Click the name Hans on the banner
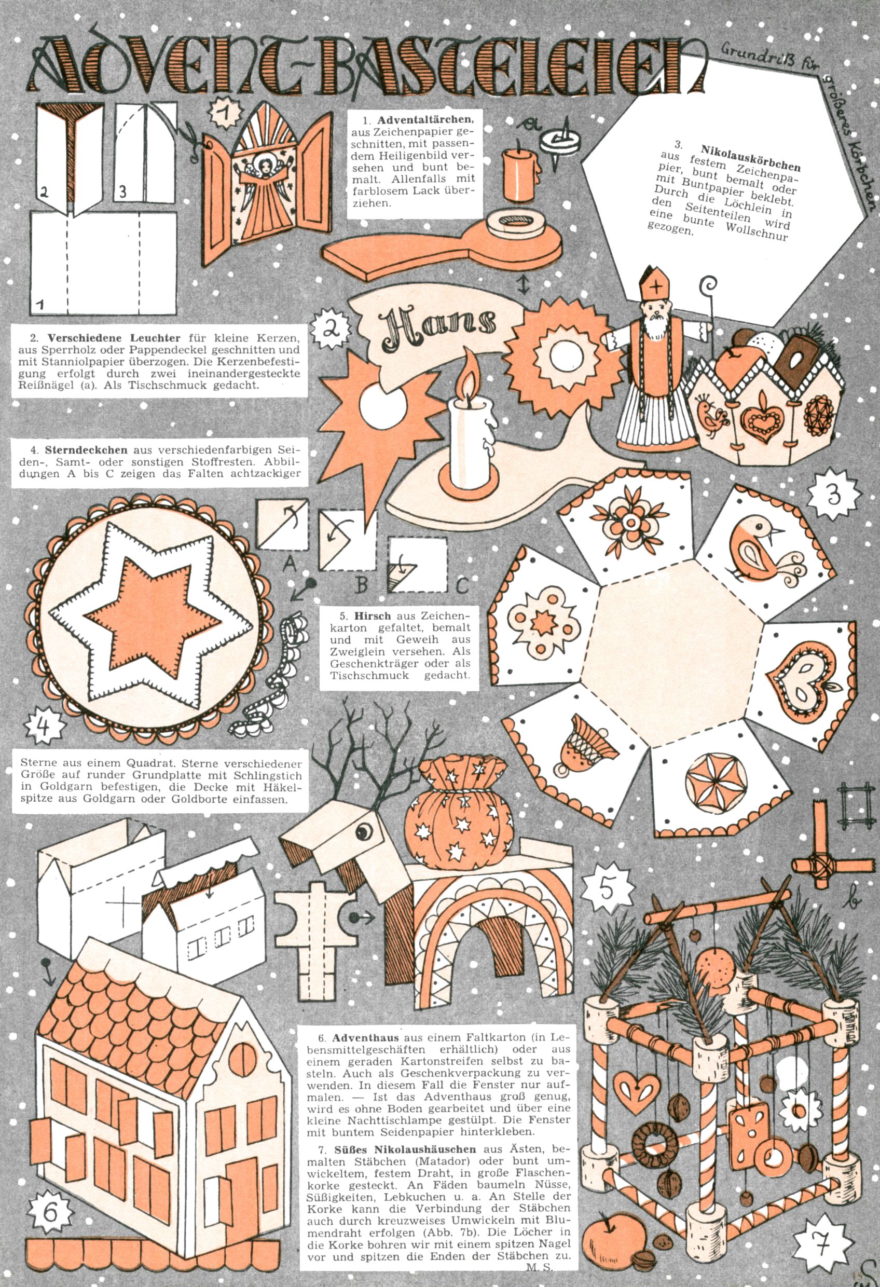[437, 322]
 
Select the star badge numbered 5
[607, 889]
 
